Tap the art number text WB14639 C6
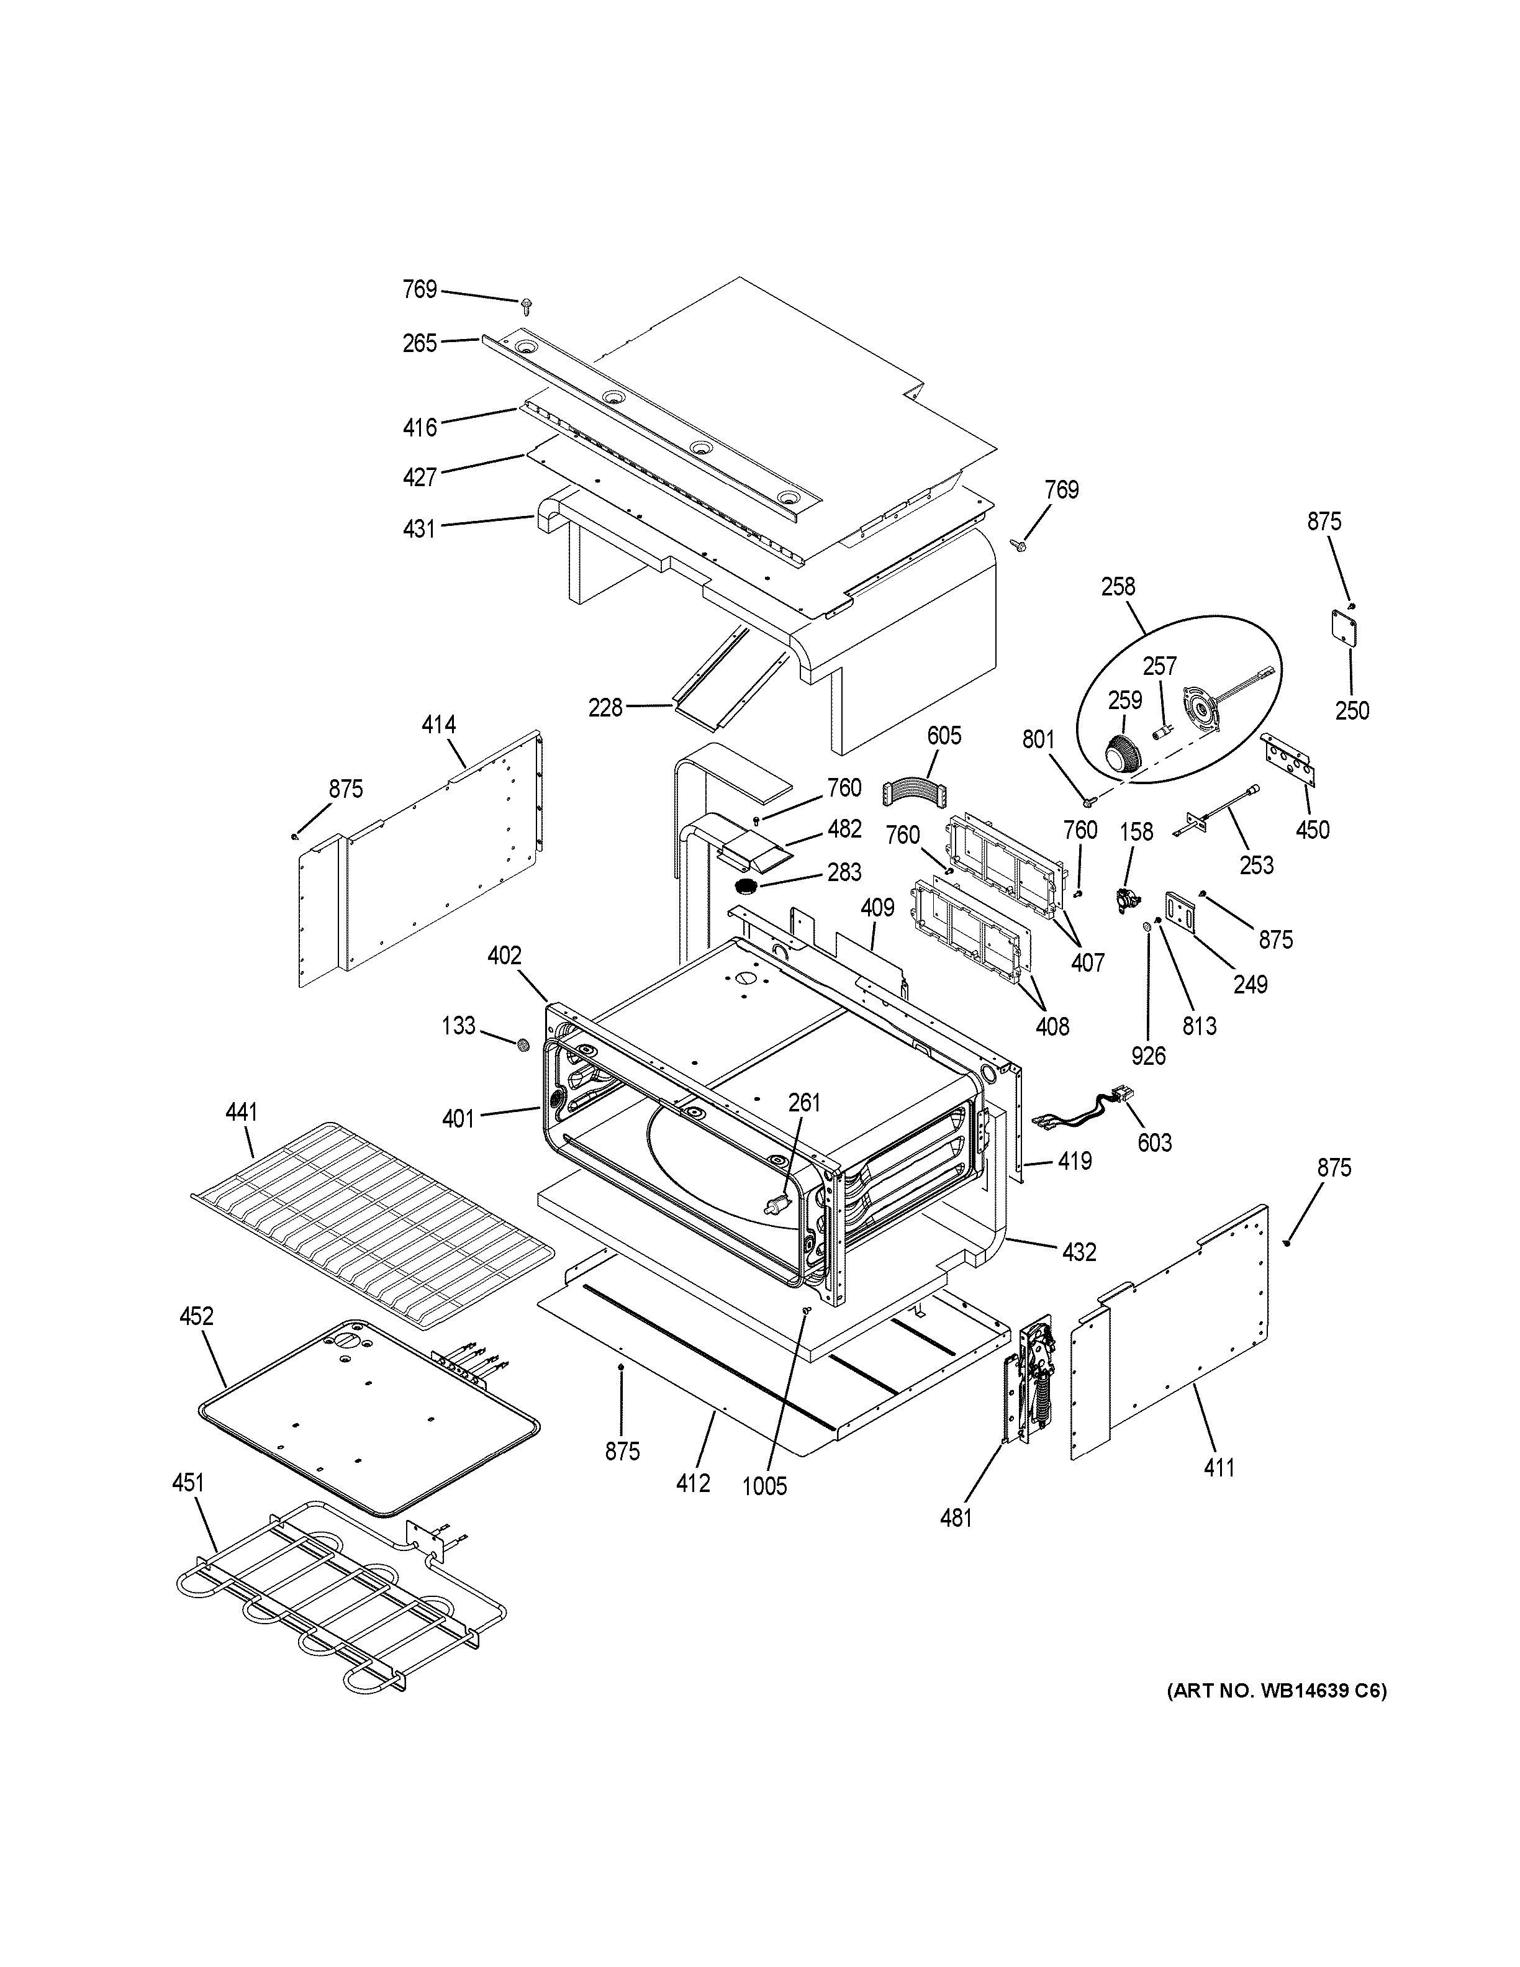(1277, 1691)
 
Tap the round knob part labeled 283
(746, 887)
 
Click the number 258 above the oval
(1118, 587)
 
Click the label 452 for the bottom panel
(196, 1318)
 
